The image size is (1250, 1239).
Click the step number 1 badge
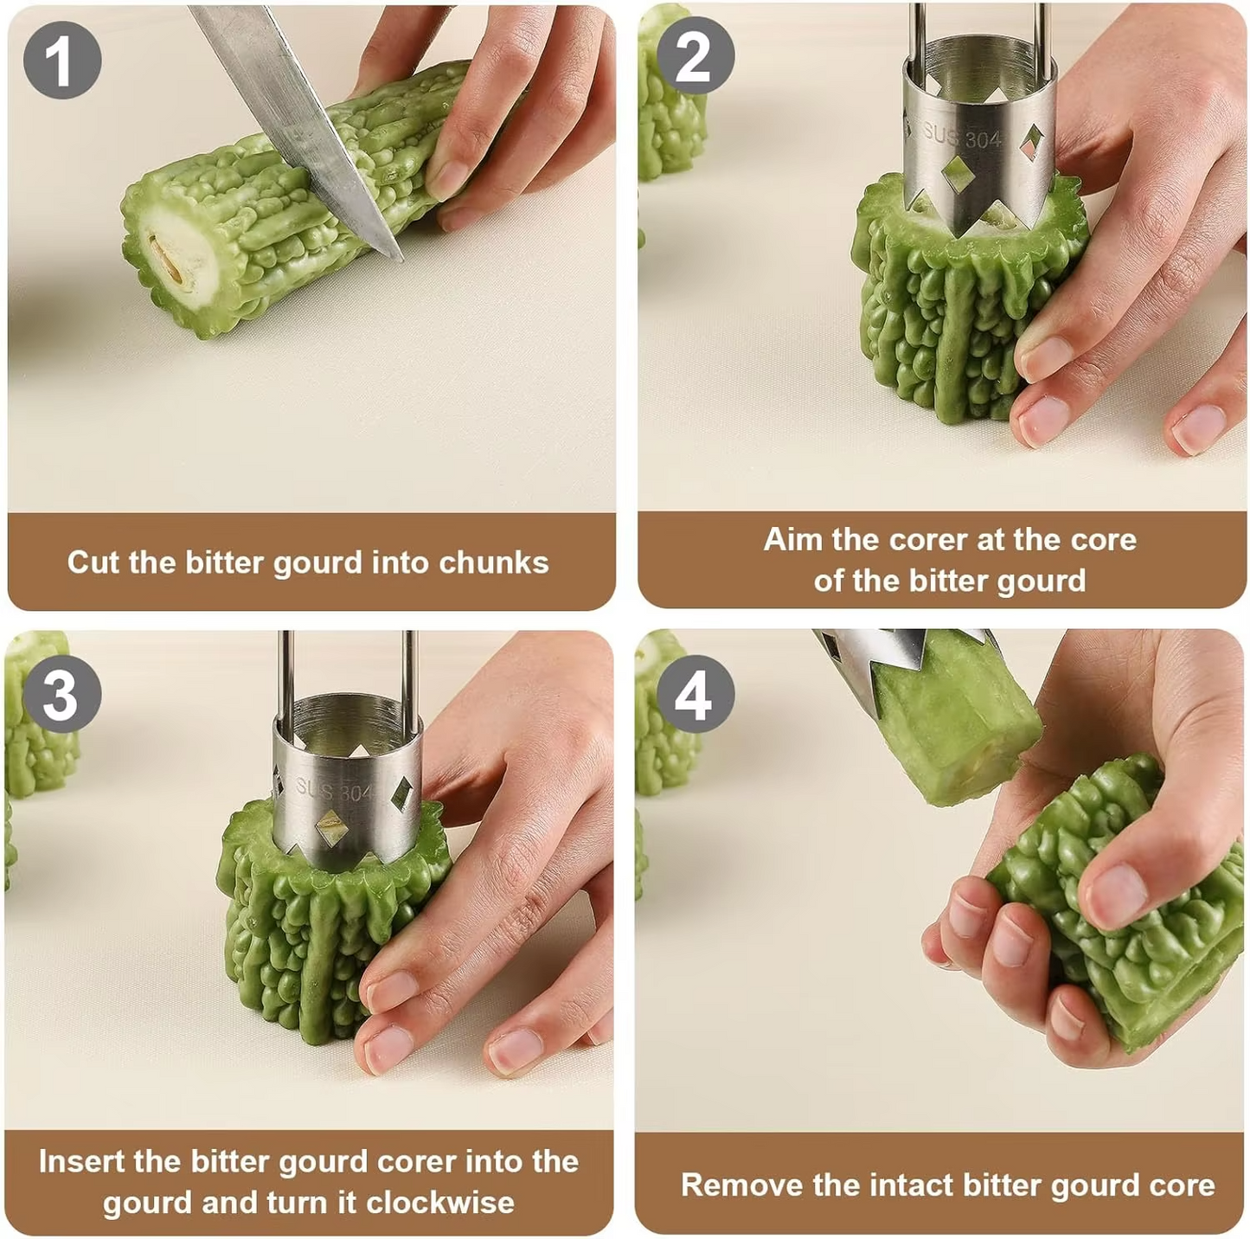(x=62, y=61)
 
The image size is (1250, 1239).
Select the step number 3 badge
(x=61, y=694)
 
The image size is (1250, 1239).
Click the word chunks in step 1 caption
(x=493, y=562)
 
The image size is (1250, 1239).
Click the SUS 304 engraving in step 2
(x=961, y=136)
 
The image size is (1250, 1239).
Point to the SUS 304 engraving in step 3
(x=334, y=789)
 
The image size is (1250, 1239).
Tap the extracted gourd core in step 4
(x=952, y=727)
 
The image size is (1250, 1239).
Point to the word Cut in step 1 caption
(x=93, y=562)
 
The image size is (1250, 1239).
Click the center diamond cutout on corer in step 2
(x=958, y=174)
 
